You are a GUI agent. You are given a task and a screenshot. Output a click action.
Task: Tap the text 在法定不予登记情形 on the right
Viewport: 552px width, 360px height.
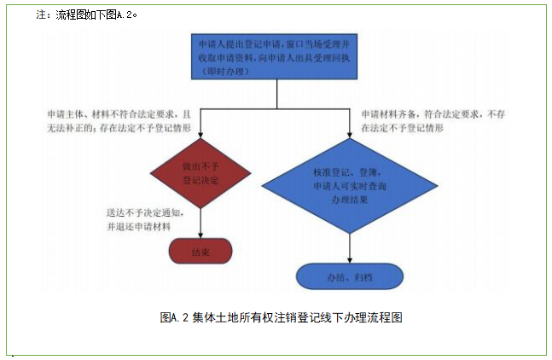click(x=402, y=127)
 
